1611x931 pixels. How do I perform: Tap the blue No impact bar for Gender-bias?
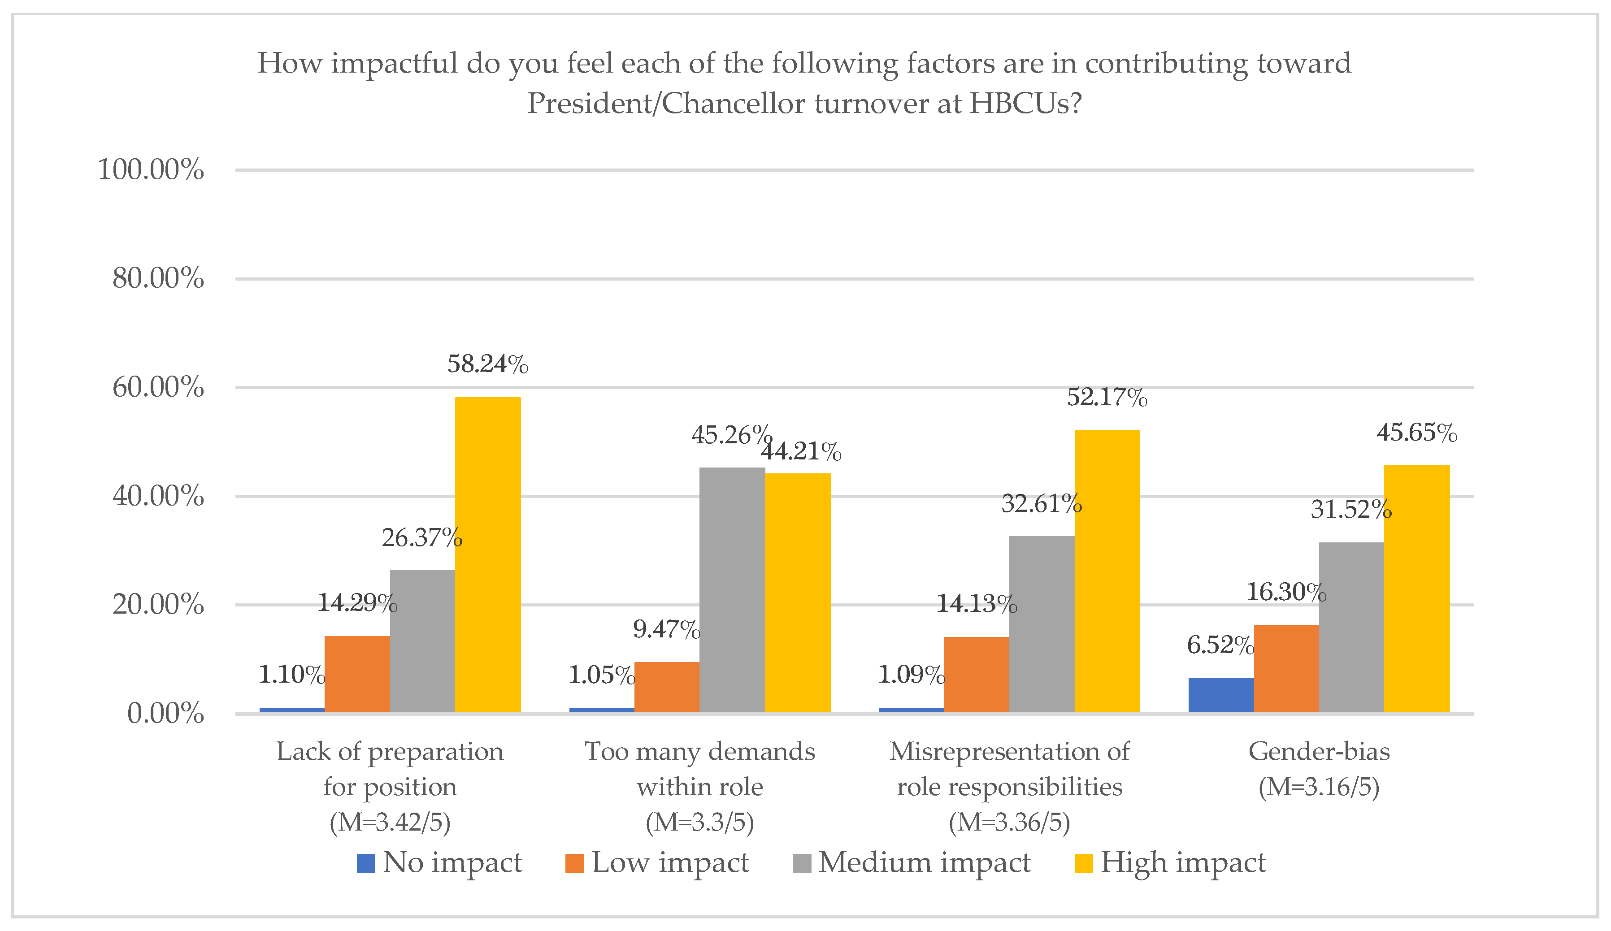point(1221,695)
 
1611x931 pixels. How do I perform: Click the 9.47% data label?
point(666,629)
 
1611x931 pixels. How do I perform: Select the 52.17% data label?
point(1107,398)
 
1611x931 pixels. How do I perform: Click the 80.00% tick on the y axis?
point(158,279)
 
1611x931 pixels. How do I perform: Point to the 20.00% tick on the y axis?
point(158,605)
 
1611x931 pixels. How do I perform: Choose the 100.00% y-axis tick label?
point(151,170)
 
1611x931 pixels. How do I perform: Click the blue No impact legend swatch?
point(366,863)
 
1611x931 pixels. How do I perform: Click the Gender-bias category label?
point(1319,751)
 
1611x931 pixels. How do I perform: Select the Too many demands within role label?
point(700,769)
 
